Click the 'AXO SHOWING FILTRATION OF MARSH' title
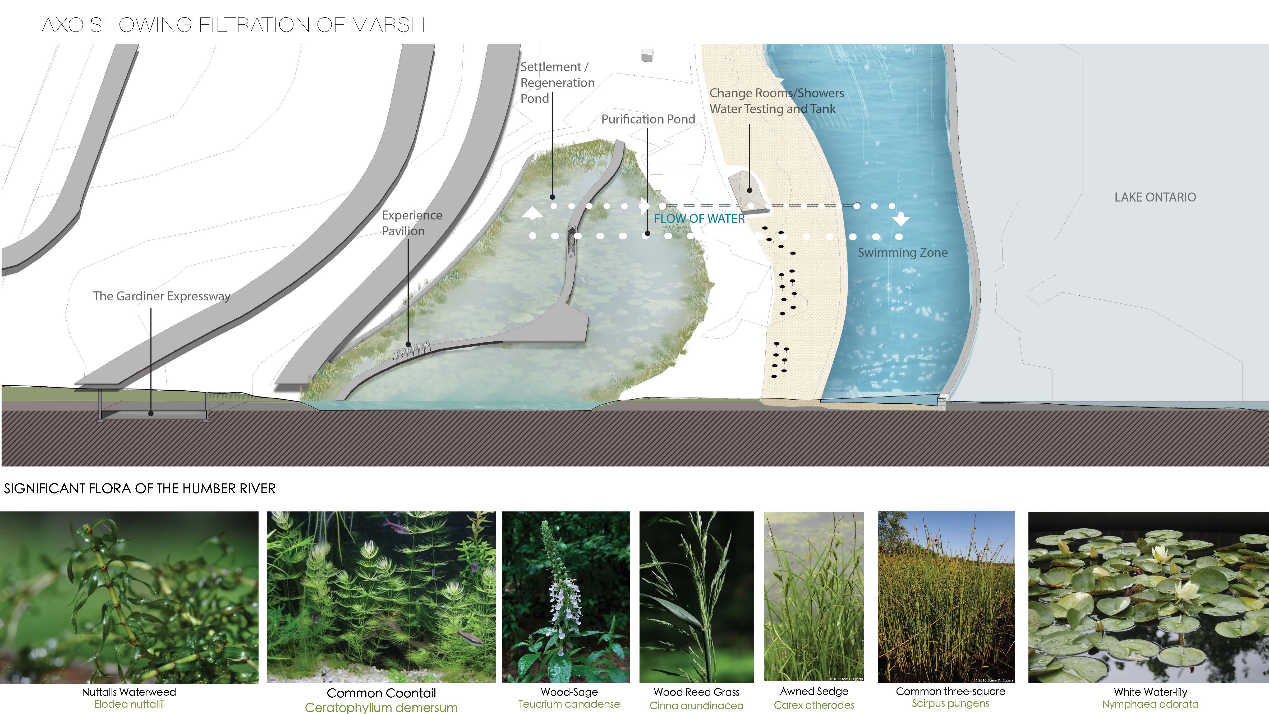(x=233, y=25)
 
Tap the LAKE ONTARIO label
(x=1155, y=197)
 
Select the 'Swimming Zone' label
(x=903, y=253)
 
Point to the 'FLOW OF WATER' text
(x=699, y=219)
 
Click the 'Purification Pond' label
(x=648, y=119)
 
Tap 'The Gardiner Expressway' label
(x=162, y=296)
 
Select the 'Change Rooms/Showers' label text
(x=776, y=93)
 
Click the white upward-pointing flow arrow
(x=532, y=213)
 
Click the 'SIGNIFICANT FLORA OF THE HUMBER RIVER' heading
(x=140, y=488)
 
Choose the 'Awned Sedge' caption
(x=814, y=691)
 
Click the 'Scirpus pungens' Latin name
(x=950, y=703)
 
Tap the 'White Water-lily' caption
(x=1150, y=692)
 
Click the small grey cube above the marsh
(x=647, y=55)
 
